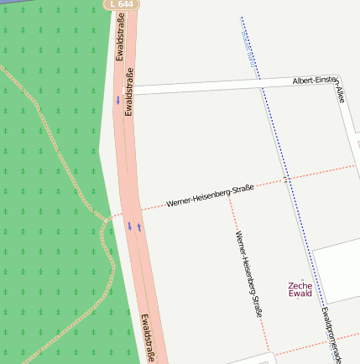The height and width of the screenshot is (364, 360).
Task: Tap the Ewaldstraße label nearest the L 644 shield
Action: point(120,40)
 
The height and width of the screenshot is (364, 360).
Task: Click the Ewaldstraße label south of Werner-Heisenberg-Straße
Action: point(148,337)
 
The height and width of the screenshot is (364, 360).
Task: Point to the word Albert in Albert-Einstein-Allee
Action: point(303,81)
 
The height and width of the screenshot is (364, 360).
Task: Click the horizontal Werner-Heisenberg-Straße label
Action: point(210,195)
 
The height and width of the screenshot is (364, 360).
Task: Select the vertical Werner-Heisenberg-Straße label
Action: point(249,273)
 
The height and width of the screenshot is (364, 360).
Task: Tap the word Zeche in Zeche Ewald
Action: point(300,285)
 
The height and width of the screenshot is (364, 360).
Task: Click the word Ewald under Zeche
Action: point(300,294)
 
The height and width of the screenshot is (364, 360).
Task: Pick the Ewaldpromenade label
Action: point(331,334)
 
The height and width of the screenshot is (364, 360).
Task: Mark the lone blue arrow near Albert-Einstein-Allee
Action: point(117,101)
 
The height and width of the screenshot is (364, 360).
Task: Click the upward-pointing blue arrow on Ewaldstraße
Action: point(139,226)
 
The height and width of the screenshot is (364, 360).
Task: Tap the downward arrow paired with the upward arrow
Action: point(129,226)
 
